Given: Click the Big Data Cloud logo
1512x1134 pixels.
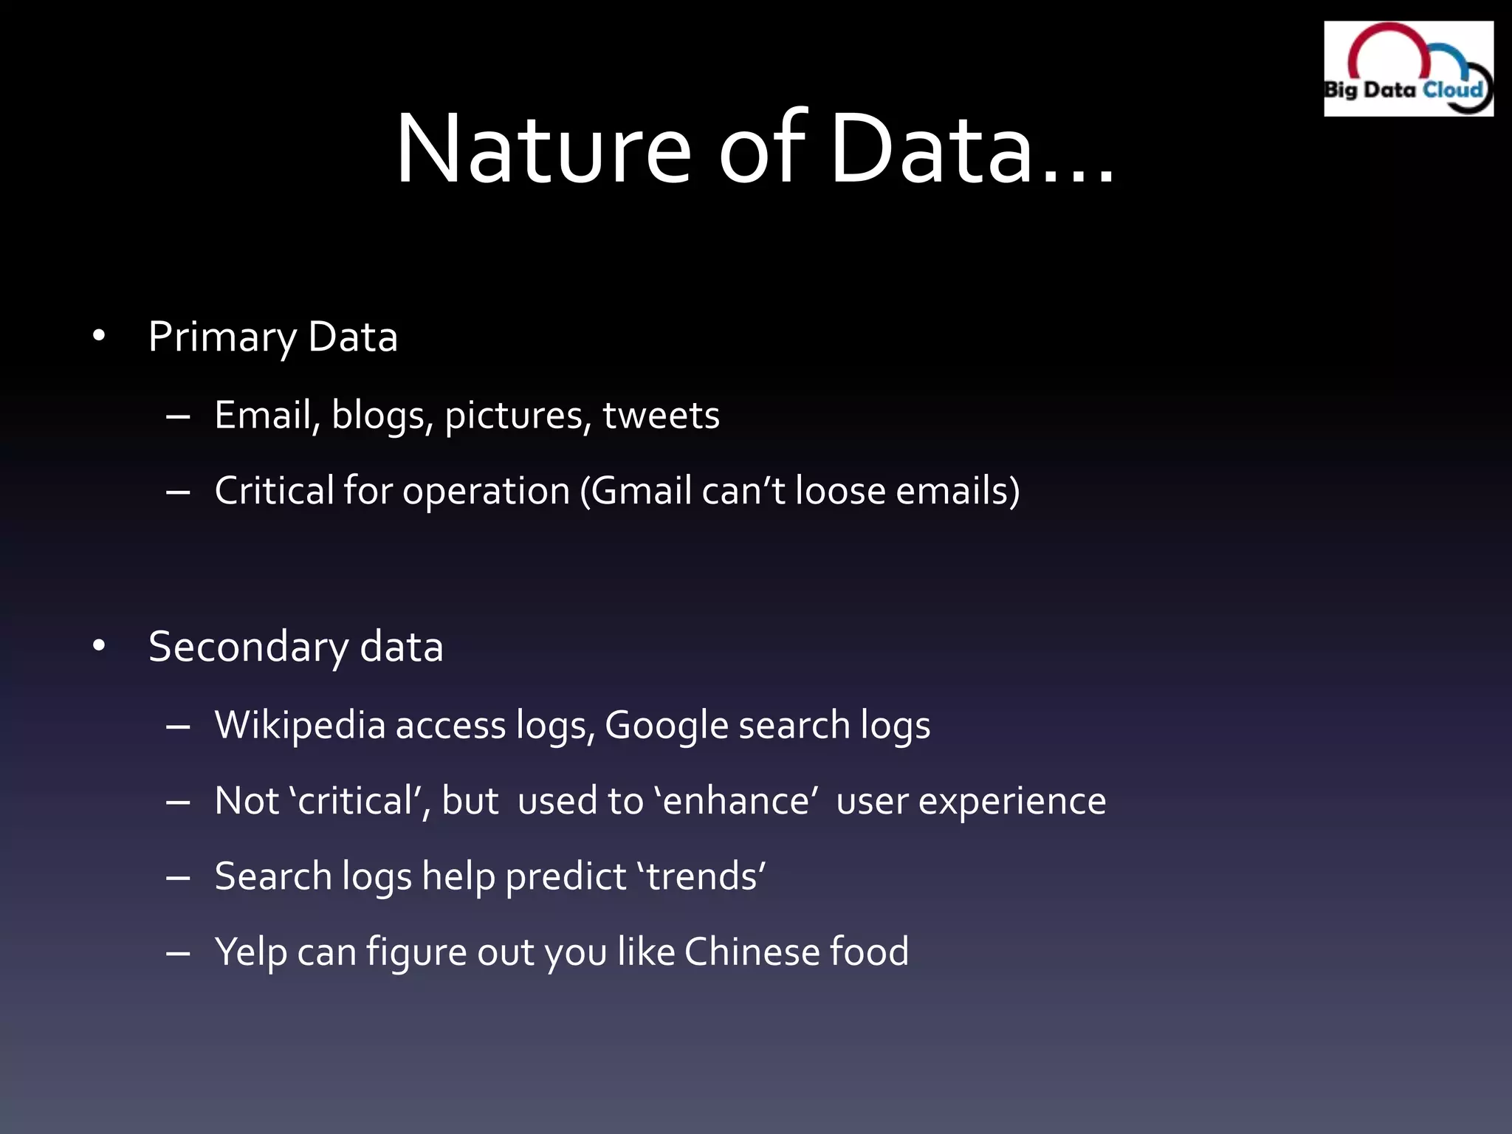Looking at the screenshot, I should pos(1408,69).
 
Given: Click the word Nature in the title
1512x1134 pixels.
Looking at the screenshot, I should pos(543,148).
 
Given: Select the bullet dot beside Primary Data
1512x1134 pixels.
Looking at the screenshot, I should pos(99,337).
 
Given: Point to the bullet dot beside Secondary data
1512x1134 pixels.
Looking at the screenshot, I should pos(99,647).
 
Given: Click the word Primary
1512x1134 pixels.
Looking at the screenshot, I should pos(221,338).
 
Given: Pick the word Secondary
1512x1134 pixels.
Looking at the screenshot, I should pos(248,648).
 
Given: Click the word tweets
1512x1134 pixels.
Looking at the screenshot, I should pos(661,416).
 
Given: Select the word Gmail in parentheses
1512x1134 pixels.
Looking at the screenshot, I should pos(642,491).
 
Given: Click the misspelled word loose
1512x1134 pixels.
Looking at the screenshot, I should pos(840,491).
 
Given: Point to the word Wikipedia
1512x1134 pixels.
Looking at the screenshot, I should pos(300,726).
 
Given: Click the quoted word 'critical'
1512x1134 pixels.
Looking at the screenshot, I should pos(359,801).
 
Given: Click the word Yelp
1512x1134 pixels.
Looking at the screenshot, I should pos(251,952).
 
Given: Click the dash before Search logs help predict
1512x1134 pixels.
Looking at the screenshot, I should pos(179,878).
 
